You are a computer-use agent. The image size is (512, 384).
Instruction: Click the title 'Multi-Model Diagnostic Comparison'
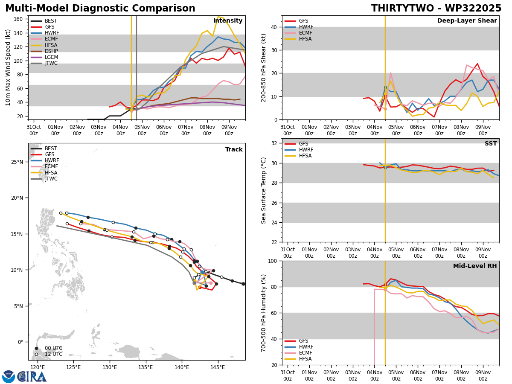point(100,9)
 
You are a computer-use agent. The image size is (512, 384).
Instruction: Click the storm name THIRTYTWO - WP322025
point(436,9)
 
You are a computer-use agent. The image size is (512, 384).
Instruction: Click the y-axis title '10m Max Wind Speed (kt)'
point(8,67)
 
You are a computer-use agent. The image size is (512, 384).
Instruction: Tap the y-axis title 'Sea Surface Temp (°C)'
point(264,190)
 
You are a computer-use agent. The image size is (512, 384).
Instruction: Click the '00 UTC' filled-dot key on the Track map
point(50,348)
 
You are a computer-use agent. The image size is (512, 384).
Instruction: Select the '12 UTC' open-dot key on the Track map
point(50,354)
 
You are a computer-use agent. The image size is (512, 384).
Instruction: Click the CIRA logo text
point(32,377)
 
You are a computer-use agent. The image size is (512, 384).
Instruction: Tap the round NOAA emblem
point(9,377)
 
